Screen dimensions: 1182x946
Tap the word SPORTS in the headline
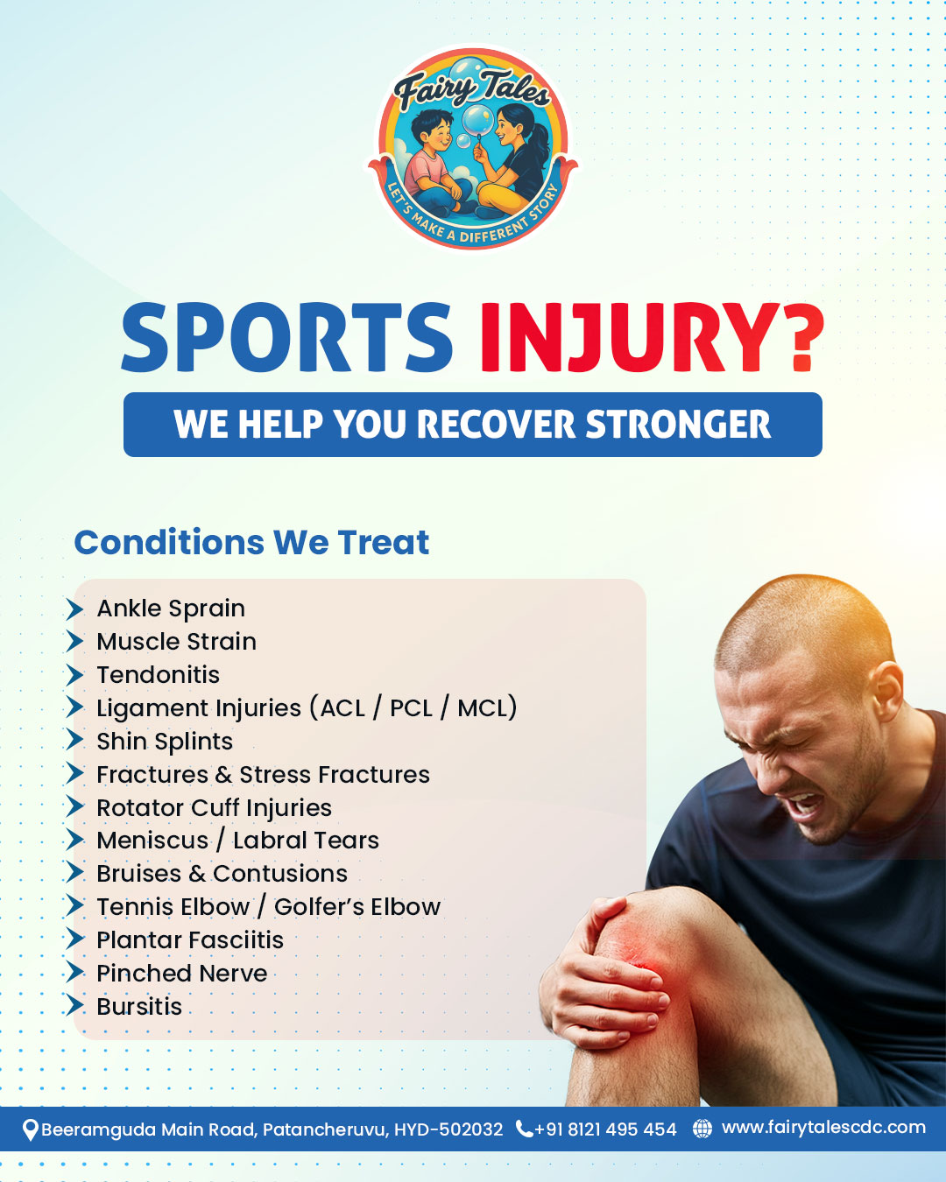(286, 337)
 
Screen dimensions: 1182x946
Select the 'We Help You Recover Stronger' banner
(473, 425)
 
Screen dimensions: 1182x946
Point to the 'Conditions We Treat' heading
(251, 543)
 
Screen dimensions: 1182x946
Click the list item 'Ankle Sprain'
(171, 609)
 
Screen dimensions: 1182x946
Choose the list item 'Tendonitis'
(159, 675)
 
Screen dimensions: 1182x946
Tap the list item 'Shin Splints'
(165, 742)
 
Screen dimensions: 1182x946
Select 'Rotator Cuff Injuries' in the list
(215, 807)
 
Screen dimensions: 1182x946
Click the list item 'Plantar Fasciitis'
(190, 940)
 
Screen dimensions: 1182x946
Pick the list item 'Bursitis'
(139, 1007)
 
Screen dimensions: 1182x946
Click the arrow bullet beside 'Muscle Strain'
(75, 642)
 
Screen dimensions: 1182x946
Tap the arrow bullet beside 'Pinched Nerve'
(75, 973)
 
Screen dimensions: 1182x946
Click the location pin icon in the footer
(30, 1129)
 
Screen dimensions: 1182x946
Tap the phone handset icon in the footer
(524, 1129)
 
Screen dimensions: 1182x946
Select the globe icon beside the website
(702, 1129)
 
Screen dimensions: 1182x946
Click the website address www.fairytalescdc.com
(823, 1128)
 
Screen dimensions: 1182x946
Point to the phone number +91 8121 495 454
(605, 1129)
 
